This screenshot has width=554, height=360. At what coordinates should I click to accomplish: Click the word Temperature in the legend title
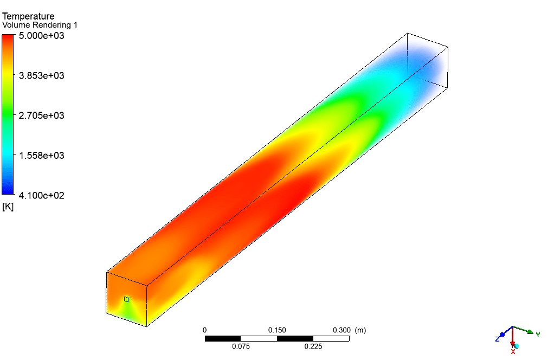(28, 16)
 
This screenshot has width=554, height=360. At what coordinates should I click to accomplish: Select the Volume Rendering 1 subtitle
(40, 25)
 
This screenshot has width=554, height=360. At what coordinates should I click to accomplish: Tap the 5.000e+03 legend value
(42, 36)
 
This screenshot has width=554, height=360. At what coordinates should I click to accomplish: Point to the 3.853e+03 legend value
(42, 75)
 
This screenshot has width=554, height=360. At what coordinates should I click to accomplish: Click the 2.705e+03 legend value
(42, 115)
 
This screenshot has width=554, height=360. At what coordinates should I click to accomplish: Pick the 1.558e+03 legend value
(42, 156)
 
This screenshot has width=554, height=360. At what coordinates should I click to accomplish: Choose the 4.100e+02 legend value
(42, 195)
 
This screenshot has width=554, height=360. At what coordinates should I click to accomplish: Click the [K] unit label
(8, 207)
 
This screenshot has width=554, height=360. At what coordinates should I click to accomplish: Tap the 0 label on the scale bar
(204, 330)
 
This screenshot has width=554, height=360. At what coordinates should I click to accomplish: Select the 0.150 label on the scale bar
(277, 330)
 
